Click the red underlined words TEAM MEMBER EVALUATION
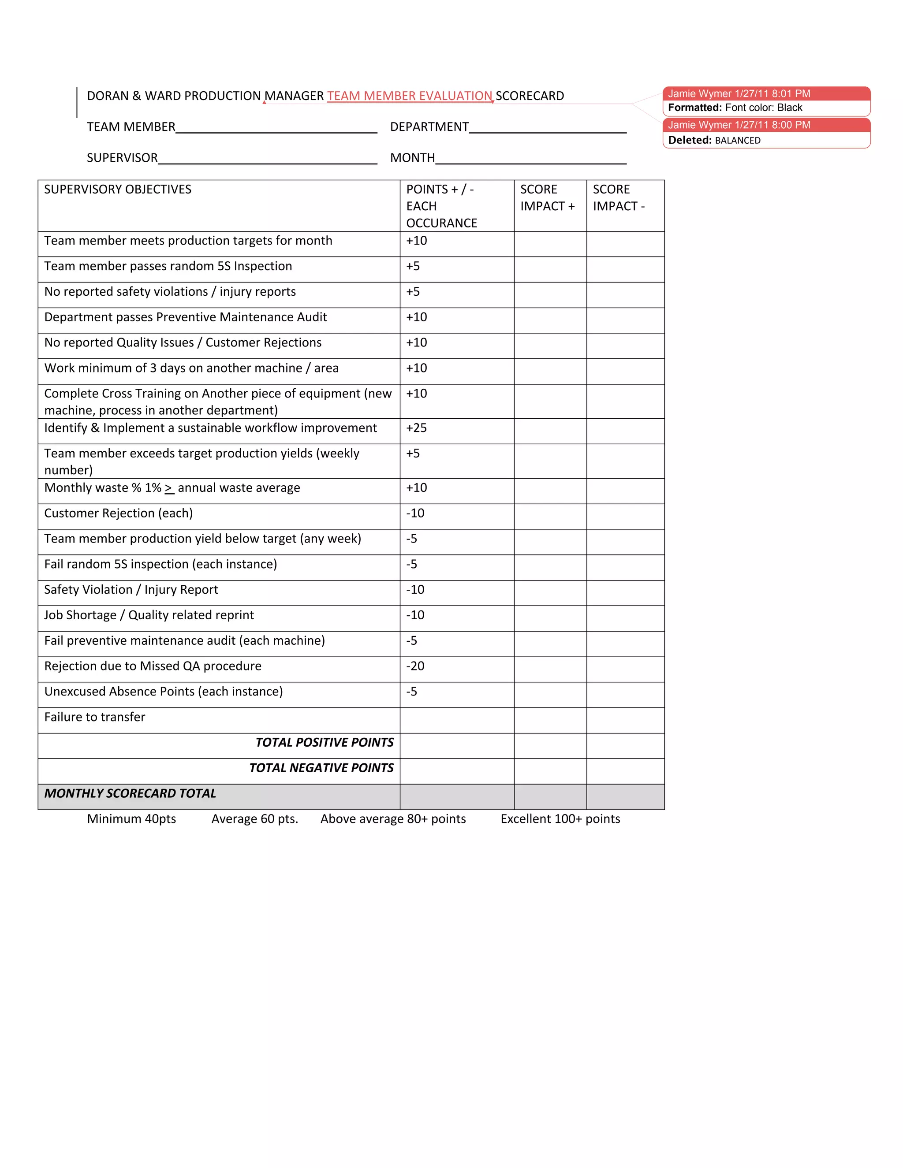click(x=409, y=96)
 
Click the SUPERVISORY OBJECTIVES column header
click(x=118, y=190)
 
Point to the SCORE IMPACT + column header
click(x=547, y=198)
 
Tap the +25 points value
click(x=416, y=428)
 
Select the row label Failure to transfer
click(x=95, y=717)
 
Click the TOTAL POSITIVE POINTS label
click(x=324, y=742)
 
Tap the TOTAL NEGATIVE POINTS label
click(x=321, y=768)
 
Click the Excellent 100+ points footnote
click(x=560, y=819)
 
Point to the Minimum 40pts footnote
click(x=131, y=819)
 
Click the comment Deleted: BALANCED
click(x=714, y=140)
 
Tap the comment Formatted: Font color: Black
click(x=735, y=108)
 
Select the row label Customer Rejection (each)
click(x=118, y=513)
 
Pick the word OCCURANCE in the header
click(x=441, y=223)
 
